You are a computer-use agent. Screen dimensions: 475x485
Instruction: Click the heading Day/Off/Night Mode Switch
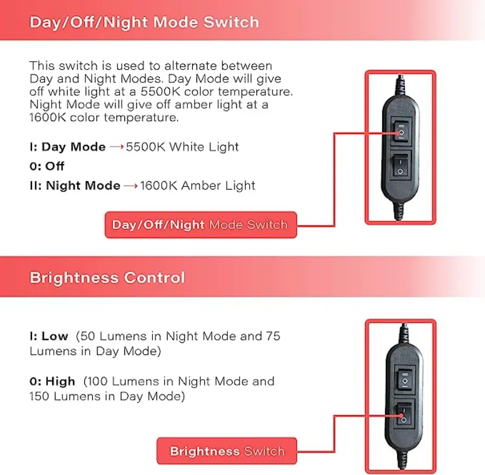point(144,23)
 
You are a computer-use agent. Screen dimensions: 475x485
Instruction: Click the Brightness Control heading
point(107,278)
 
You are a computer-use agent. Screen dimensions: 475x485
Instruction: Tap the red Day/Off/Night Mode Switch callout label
point(200,225)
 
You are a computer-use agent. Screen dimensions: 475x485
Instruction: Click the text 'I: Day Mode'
point(67,147)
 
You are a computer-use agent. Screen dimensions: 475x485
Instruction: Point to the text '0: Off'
point(47,166)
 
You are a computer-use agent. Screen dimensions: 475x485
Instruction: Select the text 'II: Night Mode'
point(75,185)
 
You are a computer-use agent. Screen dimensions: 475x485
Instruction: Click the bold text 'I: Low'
point(48,336)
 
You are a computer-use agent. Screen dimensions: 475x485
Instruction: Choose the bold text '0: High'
point(52,382)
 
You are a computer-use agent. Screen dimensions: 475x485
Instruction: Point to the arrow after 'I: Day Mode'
point(116,147)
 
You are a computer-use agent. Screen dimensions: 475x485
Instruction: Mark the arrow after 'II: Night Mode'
point(130,186)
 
